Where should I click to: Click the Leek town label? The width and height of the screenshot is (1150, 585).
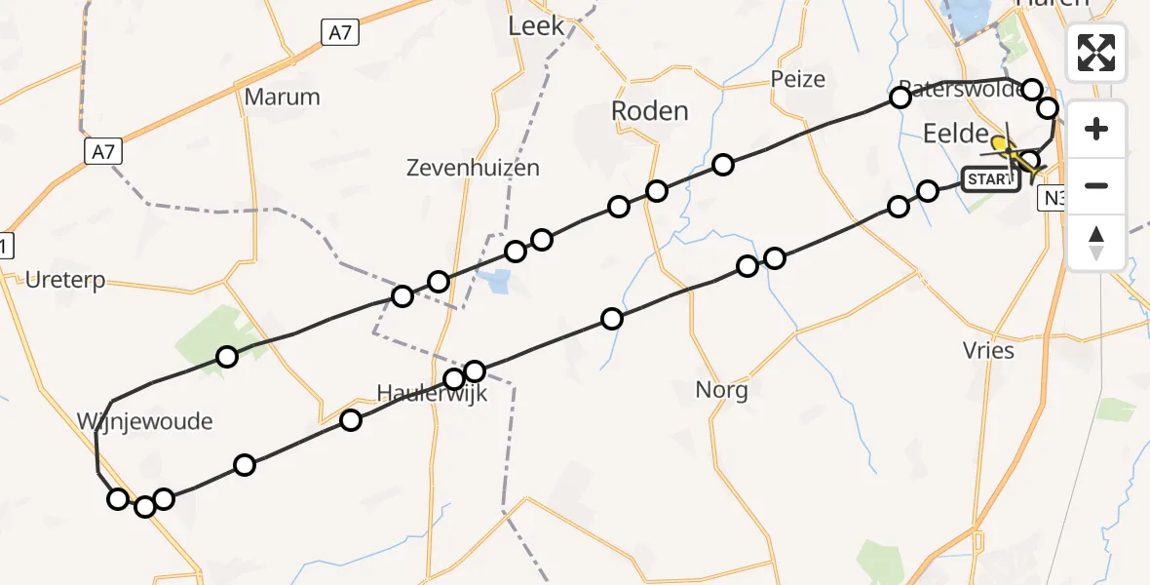536,26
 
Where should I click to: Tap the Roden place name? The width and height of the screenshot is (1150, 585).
649,111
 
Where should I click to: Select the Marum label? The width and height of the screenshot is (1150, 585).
282,97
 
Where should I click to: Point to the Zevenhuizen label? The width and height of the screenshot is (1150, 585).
473,168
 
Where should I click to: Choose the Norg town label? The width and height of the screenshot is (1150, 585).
721,391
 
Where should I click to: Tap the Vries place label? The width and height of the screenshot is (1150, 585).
988,351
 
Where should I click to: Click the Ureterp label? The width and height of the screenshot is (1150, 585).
66,281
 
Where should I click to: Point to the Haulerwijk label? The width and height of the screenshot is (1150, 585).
432,395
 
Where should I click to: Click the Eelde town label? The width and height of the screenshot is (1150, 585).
955,135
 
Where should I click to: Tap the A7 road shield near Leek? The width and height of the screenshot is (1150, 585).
339,33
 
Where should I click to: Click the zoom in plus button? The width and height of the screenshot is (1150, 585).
1096,129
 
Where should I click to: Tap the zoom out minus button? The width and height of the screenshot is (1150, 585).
1096,185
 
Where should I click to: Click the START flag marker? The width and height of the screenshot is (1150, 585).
989,179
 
